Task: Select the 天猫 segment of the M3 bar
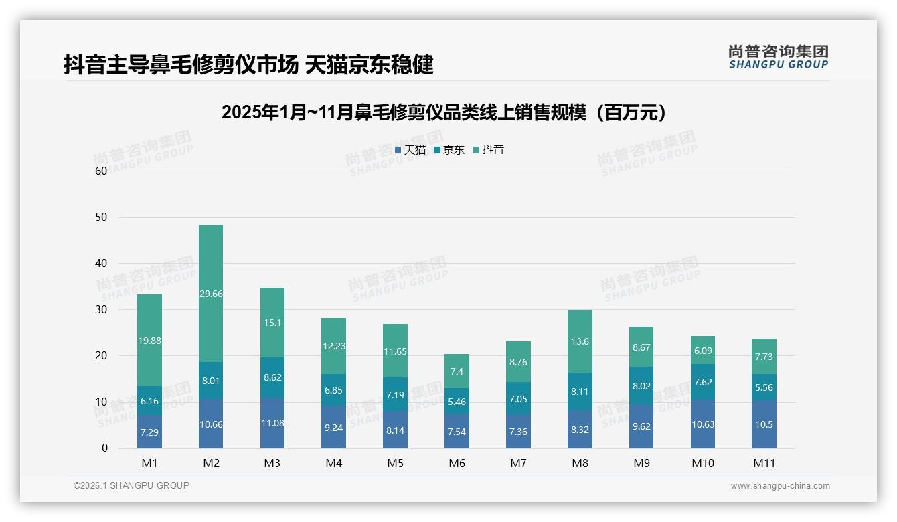[272, 423]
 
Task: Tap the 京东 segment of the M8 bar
[580, 391]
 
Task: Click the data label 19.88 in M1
[150, 341]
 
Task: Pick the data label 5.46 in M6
[457, 402]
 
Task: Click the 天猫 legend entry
[410, 150]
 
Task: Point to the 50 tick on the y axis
[101, 217]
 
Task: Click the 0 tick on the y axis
[104, 448]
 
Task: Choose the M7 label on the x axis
[519, 463]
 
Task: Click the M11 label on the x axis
[764, 463]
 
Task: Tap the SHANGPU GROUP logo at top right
[778, 57]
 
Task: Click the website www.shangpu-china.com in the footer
[780, 486]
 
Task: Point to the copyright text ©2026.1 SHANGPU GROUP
[131, 485]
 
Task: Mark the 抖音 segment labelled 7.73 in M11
[764, 357]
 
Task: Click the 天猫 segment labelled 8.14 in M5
[396, 430]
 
